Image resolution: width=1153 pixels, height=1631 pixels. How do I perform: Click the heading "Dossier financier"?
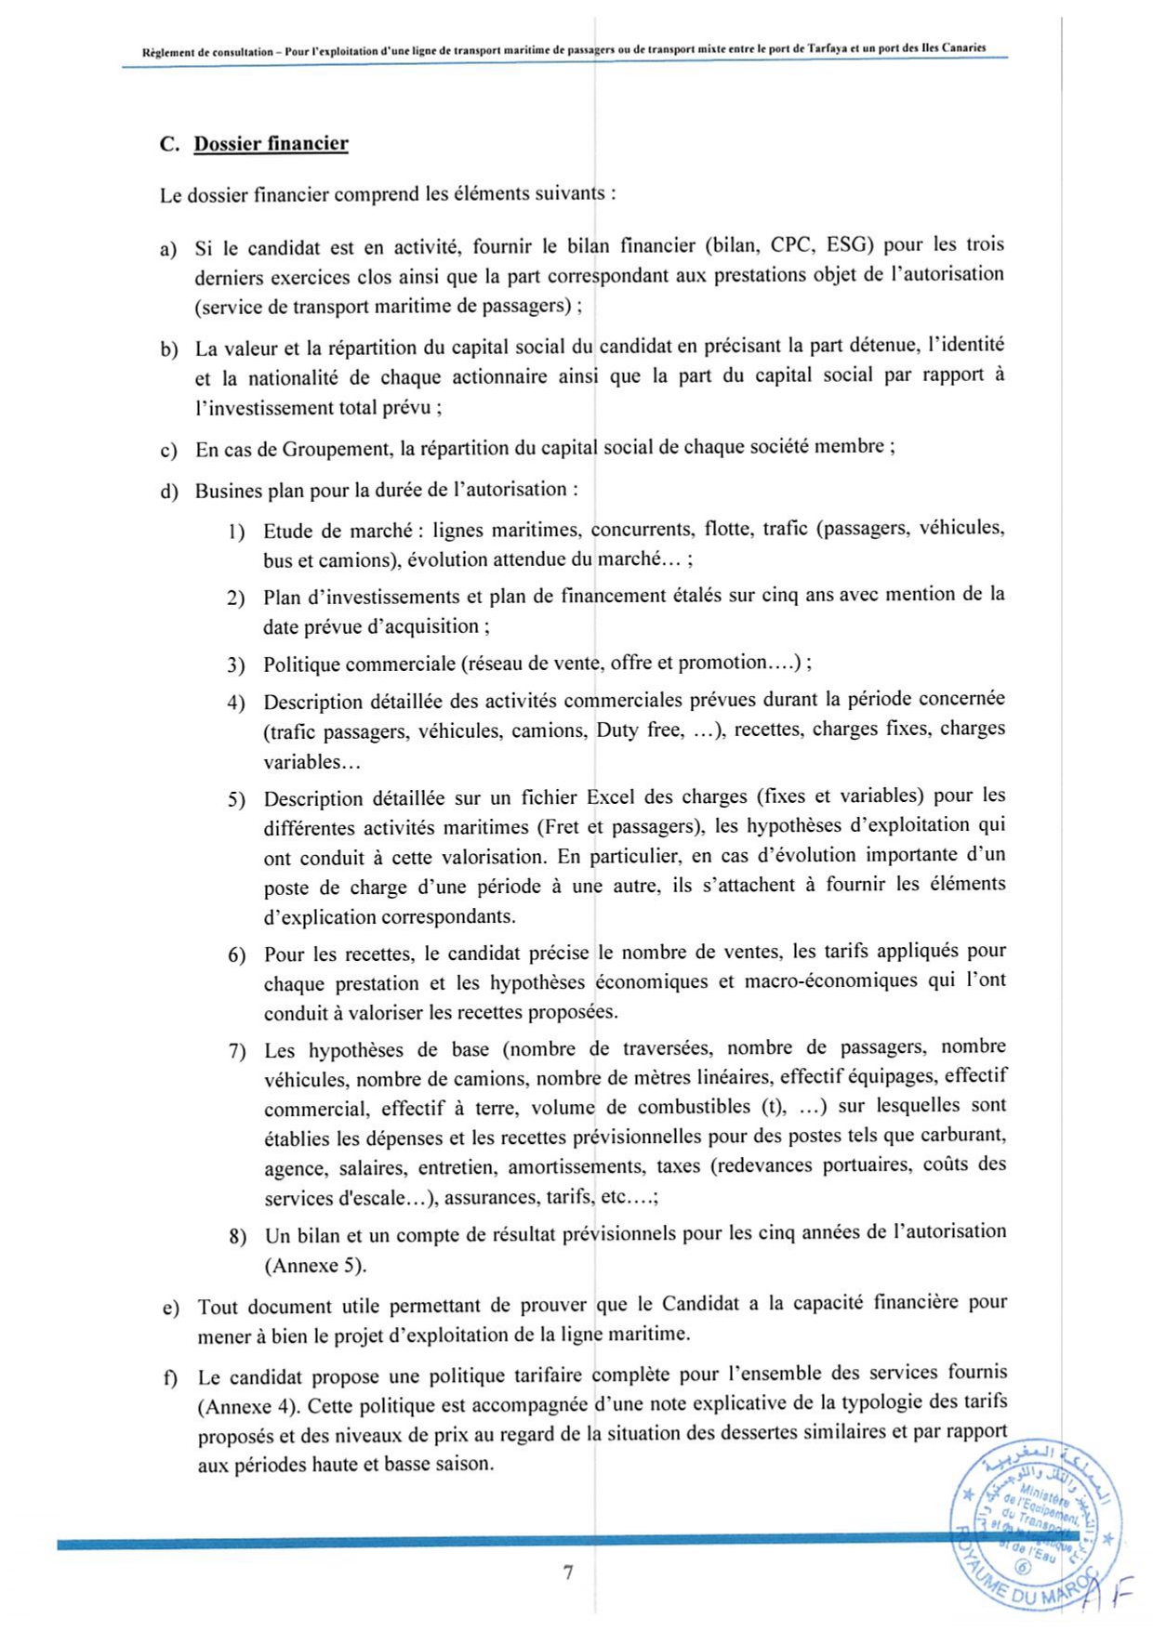pos(271,144)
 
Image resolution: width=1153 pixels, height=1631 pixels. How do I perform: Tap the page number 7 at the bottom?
pos(567,1572)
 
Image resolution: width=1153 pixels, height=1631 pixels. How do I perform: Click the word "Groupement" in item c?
pos(337,450)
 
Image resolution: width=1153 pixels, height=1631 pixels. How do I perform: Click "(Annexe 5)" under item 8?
pos(315,1266)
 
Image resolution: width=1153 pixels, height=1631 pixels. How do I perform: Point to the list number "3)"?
pos(236,666)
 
